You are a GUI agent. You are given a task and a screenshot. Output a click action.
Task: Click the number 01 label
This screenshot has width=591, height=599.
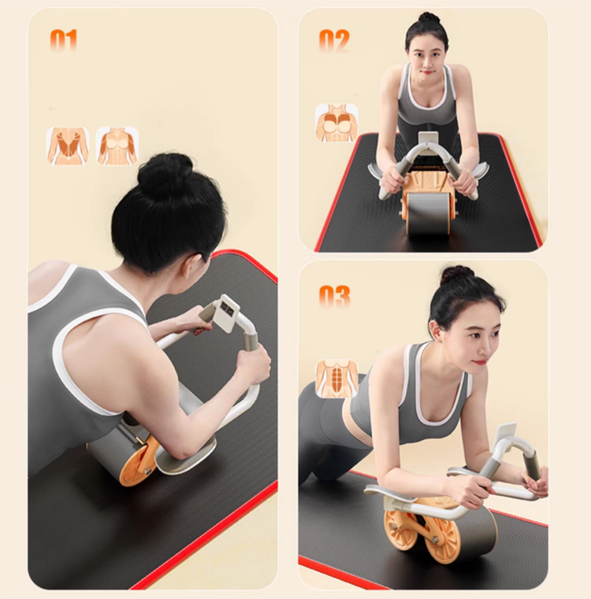tap(64, 39)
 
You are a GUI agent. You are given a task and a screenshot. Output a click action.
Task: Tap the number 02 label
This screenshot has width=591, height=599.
tap(334, 39)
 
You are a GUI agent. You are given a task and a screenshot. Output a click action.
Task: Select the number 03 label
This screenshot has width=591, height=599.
tap(334, 296)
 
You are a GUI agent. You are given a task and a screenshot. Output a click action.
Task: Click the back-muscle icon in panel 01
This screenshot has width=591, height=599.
tap(68, 146)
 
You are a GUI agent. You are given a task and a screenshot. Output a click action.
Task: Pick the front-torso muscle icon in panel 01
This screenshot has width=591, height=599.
tap(117, 146)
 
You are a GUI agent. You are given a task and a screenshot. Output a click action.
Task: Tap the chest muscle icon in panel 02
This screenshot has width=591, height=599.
tap(336, 123)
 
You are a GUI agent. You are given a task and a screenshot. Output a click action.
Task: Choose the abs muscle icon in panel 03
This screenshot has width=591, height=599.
tap(336, 379)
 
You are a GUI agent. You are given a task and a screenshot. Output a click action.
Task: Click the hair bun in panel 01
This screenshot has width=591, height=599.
tap(165, 175)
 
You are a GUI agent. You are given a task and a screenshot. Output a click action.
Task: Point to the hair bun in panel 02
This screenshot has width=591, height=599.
tap(429, 17)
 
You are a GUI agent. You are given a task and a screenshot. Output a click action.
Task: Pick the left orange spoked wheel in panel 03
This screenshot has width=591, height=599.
tap(400, 529)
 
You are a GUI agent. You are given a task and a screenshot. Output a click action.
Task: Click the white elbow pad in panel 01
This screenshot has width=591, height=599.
tap(186, 455)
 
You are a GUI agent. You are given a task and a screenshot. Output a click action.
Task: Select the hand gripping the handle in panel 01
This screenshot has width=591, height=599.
tap(254, 364)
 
